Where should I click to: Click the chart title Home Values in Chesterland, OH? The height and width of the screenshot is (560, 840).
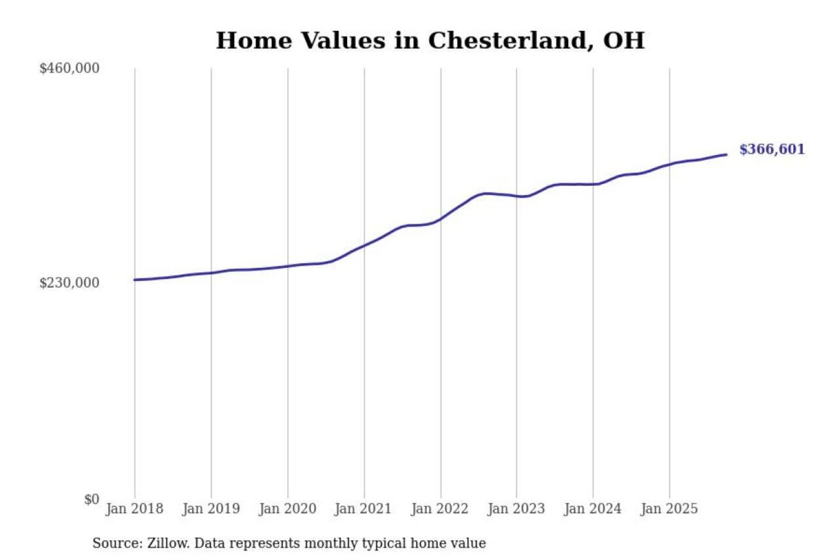(x=430, y=41)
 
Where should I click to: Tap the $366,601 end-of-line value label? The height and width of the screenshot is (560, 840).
(x=772, y=149)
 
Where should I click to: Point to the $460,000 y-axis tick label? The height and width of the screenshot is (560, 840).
(x=69, y=68)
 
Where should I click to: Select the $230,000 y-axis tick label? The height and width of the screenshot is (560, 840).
(x=69, y=283)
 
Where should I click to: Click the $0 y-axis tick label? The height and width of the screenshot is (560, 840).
(x=92, y=499)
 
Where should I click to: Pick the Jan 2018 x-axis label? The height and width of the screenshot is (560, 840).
(x=134, y=509)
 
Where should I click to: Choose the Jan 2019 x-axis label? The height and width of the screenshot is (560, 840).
(x=211, y=509)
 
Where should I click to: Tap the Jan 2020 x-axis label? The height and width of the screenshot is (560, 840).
(x=287, y=509)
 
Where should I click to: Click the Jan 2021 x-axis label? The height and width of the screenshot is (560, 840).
(x=363, y=509)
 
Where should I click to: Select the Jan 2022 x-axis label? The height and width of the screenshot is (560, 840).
(x=439, y=509)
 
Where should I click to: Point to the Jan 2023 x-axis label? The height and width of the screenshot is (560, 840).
(x=516, y=509)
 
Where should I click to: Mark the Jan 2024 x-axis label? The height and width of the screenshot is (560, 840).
(x=592, y=509)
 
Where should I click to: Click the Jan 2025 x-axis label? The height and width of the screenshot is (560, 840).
(x=668, y=509)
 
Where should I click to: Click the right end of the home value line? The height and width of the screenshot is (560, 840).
(x=726, y=155)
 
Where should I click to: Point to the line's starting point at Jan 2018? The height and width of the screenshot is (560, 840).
(x=135, y=280)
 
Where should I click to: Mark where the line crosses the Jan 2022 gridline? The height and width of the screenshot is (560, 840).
(x=441, y=219)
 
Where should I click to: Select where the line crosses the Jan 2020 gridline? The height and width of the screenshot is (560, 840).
(x=288, y=267)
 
